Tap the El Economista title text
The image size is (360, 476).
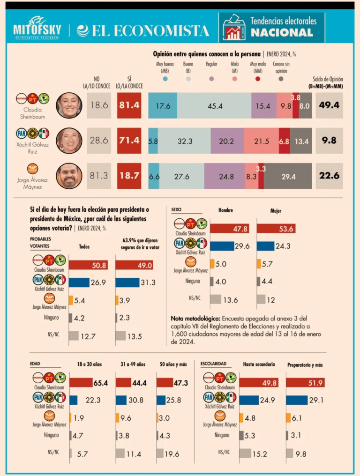(x=143, y=31)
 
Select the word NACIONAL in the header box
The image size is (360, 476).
(x=281, y=32)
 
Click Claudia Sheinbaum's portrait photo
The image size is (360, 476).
(x=69, y=105)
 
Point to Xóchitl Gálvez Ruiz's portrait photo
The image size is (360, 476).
(x=69, y=141)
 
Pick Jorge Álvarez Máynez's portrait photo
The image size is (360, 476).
(x=69, y=176)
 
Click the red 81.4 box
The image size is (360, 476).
(x=129, y=105)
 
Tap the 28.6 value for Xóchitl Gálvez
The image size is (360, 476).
(x=99, y=141)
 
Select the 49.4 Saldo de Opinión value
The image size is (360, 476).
(x=329, y=105)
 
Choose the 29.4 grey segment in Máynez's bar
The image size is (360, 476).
(x=288, y=176)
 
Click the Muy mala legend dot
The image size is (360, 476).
(x=258, y=79)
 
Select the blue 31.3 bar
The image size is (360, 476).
(x=127, y=282)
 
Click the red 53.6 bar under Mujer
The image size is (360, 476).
(x=276, y=229)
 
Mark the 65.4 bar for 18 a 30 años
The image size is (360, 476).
(x=89, y=383)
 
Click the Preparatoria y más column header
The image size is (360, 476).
(x=305, y=364)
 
